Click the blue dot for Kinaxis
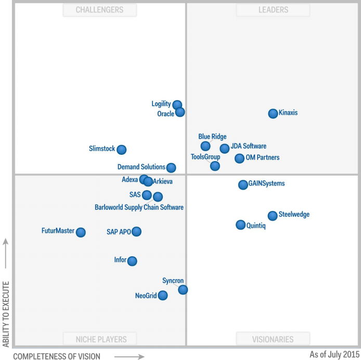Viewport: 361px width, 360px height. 273,113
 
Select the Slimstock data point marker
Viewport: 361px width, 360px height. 121,150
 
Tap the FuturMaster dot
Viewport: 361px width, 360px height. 81,232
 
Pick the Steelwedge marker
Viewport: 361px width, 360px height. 273,216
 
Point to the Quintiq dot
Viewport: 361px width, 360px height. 240,225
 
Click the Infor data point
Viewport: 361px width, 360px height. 132,261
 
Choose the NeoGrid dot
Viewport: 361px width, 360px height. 163,296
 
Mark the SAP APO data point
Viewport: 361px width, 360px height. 136,232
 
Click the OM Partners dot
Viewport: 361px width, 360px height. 239,158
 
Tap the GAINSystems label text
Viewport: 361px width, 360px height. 266,183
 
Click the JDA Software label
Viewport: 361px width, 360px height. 249,146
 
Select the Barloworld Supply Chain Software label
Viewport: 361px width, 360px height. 139,207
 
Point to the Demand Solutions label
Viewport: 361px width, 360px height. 141,167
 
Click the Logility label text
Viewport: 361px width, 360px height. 161,104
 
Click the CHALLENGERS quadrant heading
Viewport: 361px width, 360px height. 99,10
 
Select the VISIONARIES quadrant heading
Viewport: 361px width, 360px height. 273,339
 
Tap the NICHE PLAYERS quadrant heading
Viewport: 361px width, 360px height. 101,339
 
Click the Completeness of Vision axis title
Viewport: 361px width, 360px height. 57,356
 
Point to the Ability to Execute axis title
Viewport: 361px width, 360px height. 6,314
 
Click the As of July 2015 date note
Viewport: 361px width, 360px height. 333,354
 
